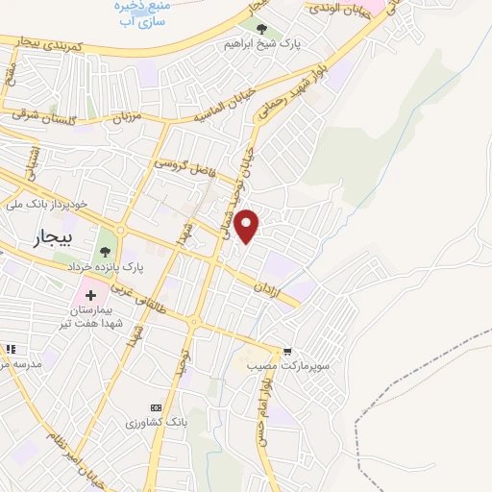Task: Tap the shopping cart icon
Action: coord(286,353)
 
